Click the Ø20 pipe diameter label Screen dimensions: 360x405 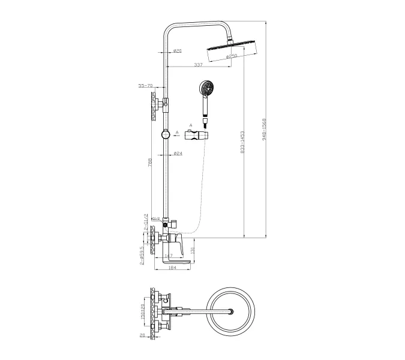tap(178, 50)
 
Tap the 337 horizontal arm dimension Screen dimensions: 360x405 tap(197, 65)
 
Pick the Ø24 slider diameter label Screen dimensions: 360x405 tap(178, 154)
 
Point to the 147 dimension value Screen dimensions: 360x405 tap(169, 256)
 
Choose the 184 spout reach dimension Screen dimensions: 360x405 tap(172, 267)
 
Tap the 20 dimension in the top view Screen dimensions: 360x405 tap(142, 337)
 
